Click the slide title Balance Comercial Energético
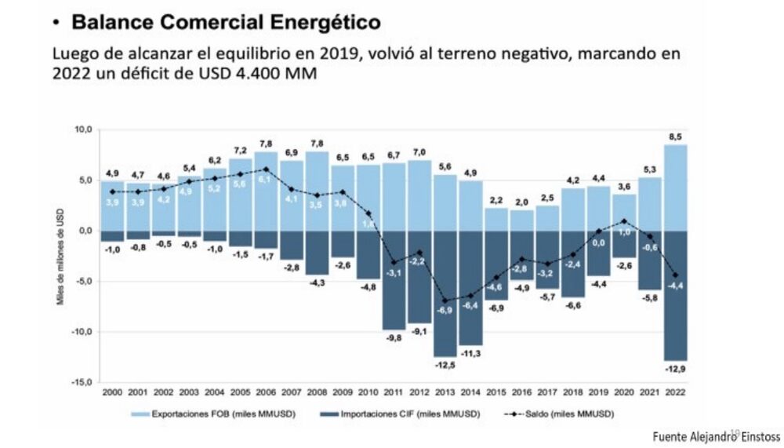[x=226, y=23]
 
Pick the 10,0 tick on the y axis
[x=82, y=129]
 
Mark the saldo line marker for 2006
[x=266, y=169]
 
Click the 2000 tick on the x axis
[x=113, y=392]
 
